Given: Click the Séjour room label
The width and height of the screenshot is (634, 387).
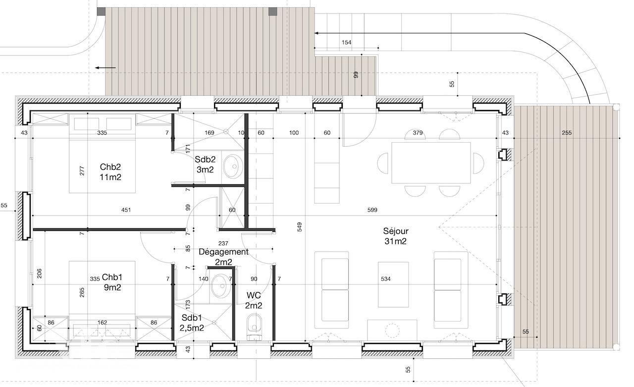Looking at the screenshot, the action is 396,236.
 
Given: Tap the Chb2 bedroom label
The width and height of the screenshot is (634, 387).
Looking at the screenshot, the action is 110,172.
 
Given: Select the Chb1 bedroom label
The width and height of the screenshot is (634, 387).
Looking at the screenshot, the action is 112,282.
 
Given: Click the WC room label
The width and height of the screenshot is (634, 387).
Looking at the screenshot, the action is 254,300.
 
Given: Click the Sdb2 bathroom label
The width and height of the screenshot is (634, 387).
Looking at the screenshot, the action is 205,165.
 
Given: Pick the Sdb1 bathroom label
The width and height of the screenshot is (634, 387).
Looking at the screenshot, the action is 192,323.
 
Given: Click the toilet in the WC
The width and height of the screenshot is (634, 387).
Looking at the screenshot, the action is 255,326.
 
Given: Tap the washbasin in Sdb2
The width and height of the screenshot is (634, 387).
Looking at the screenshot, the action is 233,166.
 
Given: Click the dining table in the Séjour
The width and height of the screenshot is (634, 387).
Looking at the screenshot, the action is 431,163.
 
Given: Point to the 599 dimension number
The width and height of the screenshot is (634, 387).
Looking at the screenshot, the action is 372,210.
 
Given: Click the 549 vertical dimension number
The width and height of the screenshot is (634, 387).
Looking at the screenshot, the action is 300,227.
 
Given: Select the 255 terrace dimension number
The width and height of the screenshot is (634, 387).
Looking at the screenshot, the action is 567,133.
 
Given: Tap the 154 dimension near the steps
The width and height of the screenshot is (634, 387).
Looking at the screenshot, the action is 346,43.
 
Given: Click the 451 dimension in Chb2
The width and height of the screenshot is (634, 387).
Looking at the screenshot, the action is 126,210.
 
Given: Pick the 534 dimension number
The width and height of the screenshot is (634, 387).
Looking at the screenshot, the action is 385,279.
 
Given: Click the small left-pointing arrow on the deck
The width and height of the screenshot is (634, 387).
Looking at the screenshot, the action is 106,68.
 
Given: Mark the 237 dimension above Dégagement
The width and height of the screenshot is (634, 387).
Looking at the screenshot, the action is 223,243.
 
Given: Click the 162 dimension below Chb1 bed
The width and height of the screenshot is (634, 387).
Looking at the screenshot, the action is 102,323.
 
